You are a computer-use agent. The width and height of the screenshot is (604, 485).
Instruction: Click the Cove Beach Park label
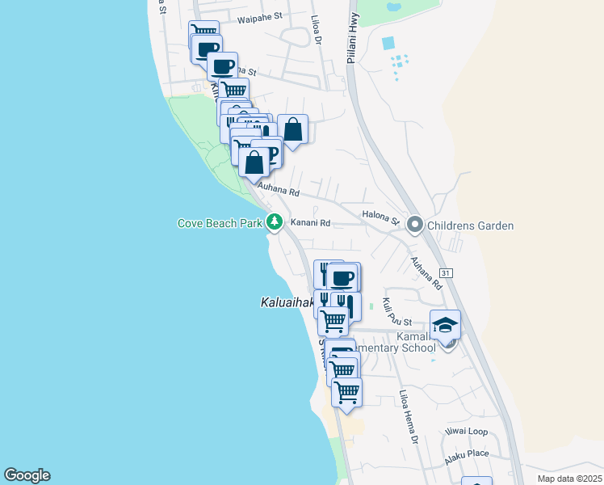(221, 222)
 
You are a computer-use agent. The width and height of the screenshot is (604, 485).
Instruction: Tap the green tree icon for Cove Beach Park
(275, 221)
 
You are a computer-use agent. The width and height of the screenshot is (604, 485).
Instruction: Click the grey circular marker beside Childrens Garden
(416, 224)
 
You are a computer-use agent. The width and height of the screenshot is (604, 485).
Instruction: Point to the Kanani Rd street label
(311, 222)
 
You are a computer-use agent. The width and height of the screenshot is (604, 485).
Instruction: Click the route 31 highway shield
(446, 273)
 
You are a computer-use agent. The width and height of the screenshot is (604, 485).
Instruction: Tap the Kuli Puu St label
(396, 312)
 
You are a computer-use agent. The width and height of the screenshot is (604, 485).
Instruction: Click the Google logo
(27, 475)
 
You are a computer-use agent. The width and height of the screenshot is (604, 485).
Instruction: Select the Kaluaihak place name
(287, 303)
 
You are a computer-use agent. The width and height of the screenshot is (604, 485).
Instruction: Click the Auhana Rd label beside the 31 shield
(426, 274)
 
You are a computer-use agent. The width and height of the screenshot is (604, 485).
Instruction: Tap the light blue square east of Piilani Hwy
(388, 43)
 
